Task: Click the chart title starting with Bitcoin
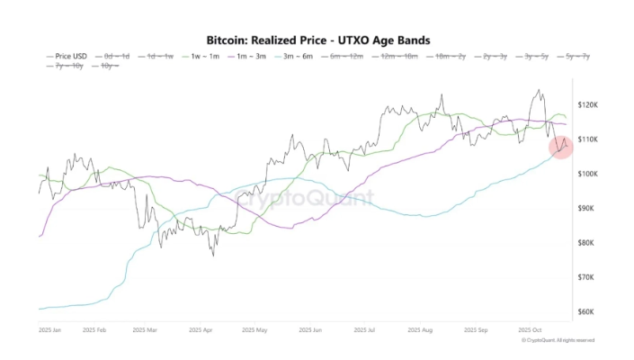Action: pos(317,40)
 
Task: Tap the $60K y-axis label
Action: pos(585,311)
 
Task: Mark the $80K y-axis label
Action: pos(585,243)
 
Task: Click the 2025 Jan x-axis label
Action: pos(49,330)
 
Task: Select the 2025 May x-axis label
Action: pos(255,330)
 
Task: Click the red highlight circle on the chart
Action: pos(561,145)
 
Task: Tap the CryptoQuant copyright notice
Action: pos(558,340)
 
